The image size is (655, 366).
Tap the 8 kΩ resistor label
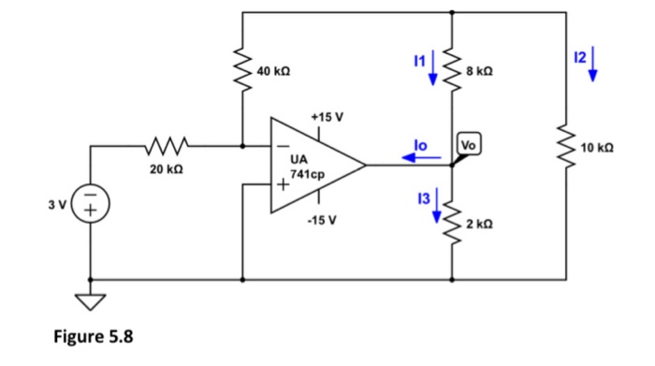click(477, 72)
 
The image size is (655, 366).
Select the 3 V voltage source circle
click(92, 205)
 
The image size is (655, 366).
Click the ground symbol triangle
click(92, 301)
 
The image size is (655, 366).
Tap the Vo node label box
click(468, 145)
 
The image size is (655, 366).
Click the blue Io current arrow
click(420, 158)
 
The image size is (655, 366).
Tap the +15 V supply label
click(327, 118)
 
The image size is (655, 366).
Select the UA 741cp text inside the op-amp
click(308, 168)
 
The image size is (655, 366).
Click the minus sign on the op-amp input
click(280, 146)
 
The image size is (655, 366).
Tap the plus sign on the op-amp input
click(280, 185)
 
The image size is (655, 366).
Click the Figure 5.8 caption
click(92, 339)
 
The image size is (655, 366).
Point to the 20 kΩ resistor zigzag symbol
click(167, 146)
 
